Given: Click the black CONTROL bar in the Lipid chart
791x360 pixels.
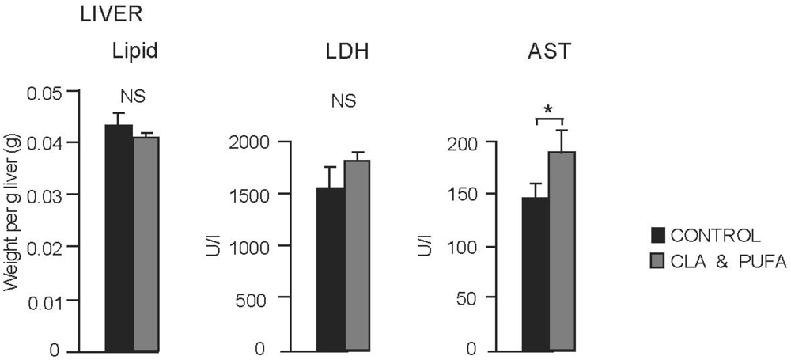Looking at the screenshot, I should click(119, 237).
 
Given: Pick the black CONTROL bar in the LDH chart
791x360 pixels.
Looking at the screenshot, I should click(330, 269).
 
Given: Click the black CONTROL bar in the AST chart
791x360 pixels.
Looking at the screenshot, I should click(536, 274).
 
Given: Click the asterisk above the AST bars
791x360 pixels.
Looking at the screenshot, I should click(549, 108).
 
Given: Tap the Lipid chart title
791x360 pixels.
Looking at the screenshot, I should click(134, 53).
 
